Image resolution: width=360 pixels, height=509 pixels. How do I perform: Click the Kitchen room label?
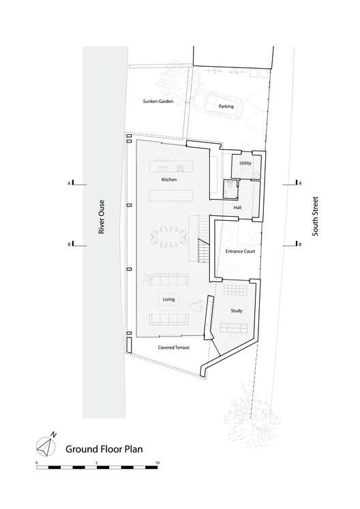point(169,179)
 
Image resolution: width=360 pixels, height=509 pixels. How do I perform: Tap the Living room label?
point(168,299)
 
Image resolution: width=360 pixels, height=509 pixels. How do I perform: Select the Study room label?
point(236,311)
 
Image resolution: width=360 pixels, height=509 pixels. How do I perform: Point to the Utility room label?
point(245,164)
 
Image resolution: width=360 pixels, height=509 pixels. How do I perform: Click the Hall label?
point(237,207)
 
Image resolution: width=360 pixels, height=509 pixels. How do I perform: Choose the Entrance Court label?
point(239,251)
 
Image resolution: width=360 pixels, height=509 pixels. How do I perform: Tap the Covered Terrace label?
point(173,348)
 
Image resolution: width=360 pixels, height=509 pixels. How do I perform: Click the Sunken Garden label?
point(158,101)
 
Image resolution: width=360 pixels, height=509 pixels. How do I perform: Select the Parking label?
point(226,107)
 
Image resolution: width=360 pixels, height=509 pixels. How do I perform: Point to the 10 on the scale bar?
point(157,463)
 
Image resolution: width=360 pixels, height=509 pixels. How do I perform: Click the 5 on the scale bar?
point(97,463)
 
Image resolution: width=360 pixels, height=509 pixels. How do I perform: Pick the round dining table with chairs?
point(169,238)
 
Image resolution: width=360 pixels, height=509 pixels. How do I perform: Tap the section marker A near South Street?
point(296,183)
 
